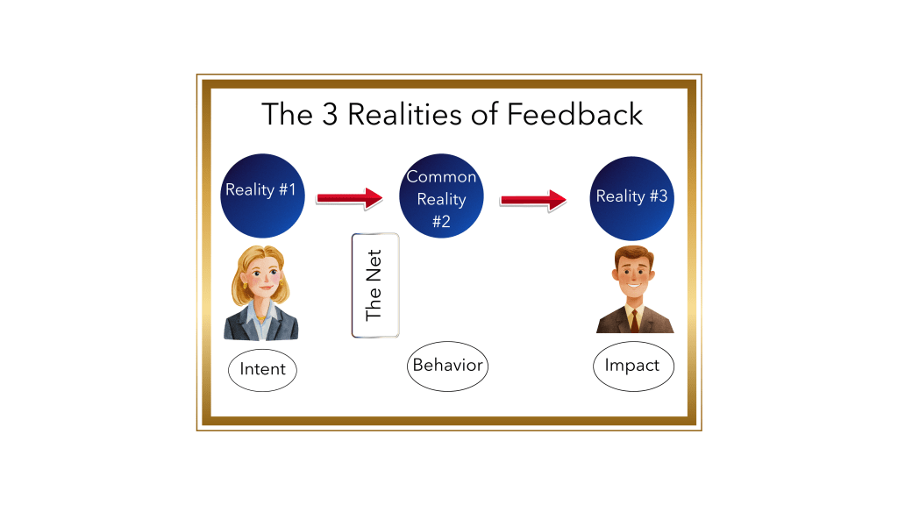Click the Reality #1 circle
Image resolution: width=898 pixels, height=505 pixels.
click(262, 196)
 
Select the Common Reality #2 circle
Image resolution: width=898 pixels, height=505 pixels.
click(441, 197)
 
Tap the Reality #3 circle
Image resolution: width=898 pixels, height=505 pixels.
click(632, 198)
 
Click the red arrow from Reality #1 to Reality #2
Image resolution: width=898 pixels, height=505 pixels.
click(349, 198)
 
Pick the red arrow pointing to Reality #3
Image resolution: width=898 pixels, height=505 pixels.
click(533, 200)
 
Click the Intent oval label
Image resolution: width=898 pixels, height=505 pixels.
click(262, 369)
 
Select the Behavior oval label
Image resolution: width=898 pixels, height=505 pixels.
click(447, 365)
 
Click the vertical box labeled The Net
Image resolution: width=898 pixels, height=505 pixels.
click(374, 285)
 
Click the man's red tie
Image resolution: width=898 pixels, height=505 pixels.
click(633, 320)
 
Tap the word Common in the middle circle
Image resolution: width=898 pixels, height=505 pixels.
click(441, 177)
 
